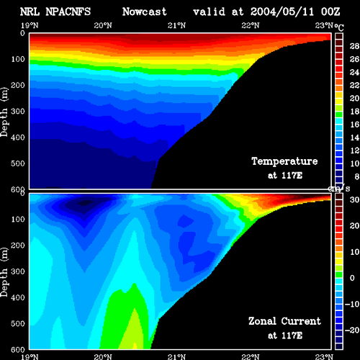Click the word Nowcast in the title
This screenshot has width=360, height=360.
(145, 12)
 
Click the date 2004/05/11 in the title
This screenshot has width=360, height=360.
(282, 12)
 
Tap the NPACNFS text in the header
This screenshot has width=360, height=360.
(68, 12)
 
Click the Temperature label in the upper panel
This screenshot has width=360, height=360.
(284, 161)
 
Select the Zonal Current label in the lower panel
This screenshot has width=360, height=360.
(284, 321)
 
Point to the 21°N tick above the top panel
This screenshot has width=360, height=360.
(176, 25)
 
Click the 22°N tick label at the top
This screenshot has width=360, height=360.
(251, 25)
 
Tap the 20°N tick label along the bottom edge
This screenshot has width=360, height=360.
(103, 356)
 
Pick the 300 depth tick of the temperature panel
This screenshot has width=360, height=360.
(18, 112)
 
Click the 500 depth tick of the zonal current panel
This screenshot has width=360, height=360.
(18, 323)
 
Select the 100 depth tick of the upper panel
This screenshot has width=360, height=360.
(18, 59)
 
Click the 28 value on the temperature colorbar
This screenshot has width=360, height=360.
(354, 46)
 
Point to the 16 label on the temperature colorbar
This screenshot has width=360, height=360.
(354, 125)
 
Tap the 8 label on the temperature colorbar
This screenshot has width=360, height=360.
(356, 177)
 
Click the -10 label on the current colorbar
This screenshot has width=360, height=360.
(352, 305)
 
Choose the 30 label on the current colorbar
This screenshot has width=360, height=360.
(354, 199)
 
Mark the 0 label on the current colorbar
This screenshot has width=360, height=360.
(352, 278)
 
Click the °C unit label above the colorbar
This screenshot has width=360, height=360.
(339, 27)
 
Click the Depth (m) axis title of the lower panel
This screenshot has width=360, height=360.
(4, 272)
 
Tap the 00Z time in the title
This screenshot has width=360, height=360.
(330, 12)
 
